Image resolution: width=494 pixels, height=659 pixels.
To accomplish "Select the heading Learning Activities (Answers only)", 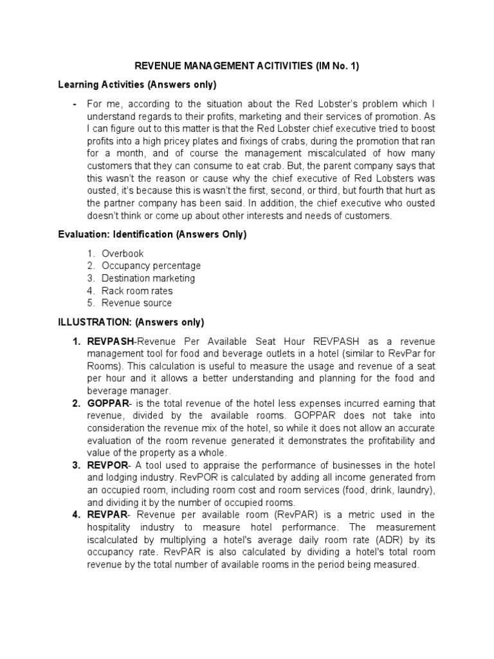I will pyautogui.click(x=137, y=84).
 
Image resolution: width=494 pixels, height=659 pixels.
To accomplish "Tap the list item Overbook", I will pyautogui.click(x=122, y=254).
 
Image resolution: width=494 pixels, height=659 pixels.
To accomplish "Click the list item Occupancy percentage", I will pyautogui.click(x=151, y=266).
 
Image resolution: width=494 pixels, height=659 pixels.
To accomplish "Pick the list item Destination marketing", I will pyautogui.click(x=148, y=278).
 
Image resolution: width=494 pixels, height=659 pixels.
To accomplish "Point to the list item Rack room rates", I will pyautogui.click(x=137, y=290).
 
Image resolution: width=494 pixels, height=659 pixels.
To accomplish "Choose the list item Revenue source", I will pyautogui.click(x=136, y=302).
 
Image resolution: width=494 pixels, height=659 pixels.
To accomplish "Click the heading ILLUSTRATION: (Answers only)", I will pyautogui.click(x=131, y=322).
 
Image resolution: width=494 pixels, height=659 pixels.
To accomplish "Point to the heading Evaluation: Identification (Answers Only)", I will pyautogui.click(x=152, y=235).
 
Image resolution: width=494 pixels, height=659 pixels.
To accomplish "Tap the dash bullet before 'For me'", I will pyautogui.click(x=75, y=104).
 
